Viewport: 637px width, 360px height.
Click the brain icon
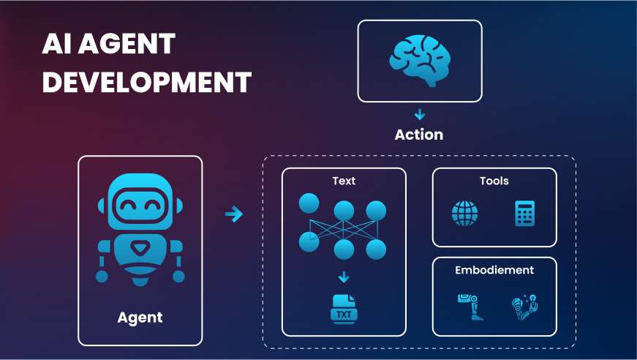pyautogui.click(x=420, y=61)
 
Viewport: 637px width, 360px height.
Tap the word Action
pyautogui.click(x=419, y=135)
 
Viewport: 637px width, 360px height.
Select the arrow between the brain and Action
pyautogui.click(x=420, y=115)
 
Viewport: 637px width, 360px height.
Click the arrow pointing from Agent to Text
pyautogui.click(x=234, y=214)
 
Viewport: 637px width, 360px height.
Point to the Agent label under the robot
pyautogui.click(x=140, y=318)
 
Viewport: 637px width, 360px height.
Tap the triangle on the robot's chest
pyautogui.click(x=140, y=249)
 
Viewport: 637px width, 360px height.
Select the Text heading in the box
pyautogui.click(x=344, y=181)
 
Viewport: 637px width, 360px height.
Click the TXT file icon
pyautogui.click(x=344, y=310)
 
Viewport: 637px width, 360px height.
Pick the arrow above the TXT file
pyautogui.click(x=344, y=277)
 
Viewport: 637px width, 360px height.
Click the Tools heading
pyautogui.click(x=494, y=181)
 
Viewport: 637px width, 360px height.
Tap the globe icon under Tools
pyautogui.click(x=464, y=214)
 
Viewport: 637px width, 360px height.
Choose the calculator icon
pyautogui.click(x=525, y=214)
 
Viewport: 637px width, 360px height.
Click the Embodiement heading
pyautogui.click(x=494, y=270)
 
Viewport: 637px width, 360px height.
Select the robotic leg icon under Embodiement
pyautogui.click(x=470, y=307)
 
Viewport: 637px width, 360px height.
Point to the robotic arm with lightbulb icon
pyautogui.click(x=524, y=307)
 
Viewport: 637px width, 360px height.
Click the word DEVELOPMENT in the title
pyautogui.click(x=147, y=82)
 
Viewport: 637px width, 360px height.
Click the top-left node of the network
pyautogui.click(x=309, y=203)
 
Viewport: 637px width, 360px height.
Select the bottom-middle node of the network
pyautogui.click(x=344, y=250)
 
